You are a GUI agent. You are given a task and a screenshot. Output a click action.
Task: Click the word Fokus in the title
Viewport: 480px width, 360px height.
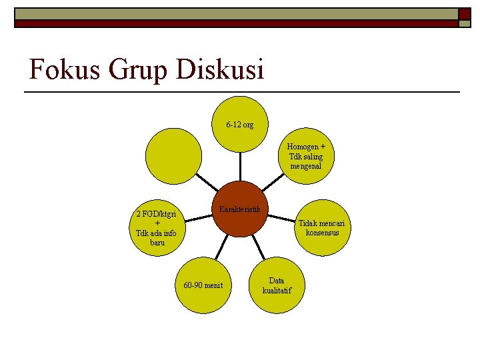pos(62,69)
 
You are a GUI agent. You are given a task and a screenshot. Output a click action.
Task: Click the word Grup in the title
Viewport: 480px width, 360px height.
pos(133,70)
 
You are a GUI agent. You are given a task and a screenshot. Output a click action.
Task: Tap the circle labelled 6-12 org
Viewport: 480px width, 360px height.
pos(240,124)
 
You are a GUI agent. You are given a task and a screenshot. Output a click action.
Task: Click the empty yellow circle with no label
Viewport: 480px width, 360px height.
pos(173,156)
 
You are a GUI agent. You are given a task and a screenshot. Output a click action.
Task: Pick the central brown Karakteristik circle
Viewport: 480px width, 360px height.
pos(241,209)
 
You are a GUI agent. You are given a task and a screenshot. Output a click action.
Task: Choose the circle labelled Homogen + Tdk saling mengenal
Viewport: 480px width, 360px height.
pos(306,156)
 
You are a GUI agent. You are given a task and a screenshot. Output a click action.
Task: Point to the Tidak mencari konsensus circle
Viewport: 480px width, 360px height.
pos(322,227)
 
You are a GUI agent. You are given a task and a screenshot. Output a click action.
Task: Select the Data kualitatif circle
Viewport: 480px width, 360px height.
pos(277,285)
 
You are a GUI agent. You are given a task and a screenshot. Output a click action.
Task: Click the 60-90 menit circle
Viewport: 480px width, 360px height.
pos(203,285)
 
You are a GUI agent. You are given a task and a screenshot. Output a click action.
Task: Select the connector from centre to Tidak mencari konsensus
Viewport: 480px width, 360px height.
pos(281,218)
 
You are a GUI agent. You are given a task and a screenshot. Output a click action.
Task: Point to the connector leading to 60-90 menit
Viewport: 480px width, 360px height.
pos(219,251)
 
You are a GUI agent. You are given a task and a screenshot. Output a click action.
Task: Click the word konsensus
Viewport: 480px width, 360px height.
pos(322,233)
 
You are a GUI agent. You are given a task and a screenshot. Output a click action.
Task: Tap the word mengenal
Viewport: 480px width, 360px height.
pos(306,165)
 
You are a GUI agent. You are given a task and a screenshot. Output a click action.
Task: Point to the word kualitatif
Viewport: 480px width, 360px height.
pos(277,290)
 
